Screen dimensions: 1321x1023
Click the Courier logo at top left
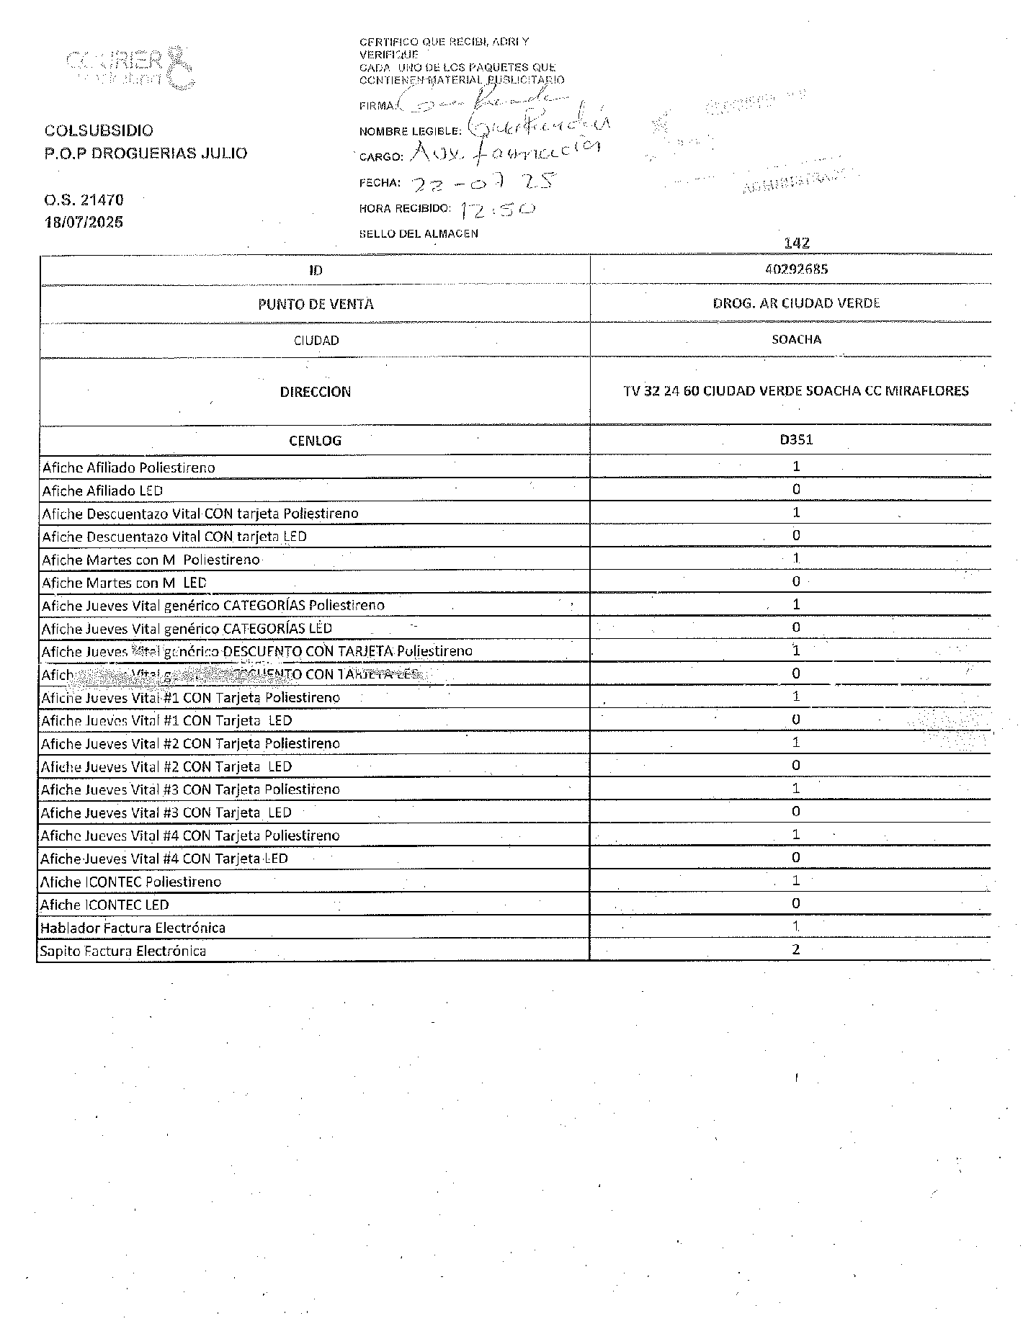130,68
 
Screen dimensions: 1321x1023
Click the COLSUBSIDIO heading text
99,130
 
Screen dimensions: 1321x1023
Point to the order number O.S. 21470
84,200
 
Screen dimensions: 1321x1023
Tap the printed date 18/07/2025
84,222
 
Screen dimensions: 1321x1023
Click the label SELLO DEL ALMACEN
418,233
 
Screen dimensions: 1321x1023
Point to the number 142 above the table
796,243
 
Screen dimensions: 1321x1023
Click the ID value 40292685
796,269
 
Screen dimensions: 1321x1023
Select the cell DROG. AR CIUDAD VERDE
796,303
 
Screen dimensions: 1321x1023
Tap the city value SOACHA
796,339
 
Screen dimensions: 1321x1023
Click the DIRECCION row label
316,392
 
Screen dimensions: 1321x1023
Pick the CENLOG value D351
796,439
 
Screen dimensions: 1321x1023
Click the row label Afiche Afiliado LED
102,491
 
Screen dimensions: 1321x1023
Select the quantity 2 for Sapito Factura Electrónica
796,949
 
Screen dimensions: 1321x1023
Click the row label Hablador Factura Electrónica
133,928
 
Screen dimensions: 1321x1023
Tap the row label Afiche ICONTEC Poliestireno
130,882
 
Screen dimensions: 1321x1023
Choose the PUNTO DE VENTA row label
316,304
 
